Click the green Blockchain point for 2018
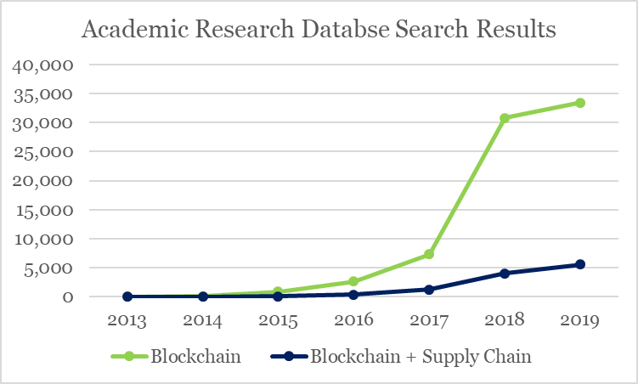505,118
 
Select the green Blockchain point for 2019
580,103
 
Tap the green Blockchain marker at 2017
429,254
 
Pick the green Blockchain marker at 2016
353,281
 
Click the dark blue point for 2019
580,264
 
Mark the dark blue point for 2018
505,274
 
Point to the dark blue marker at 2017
429,290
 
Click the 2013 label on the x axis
127,321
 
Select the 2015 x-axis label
279,321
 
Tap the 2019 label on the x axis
580,321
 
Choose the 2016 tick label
353,321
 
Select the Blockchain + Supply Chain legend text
421,357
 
